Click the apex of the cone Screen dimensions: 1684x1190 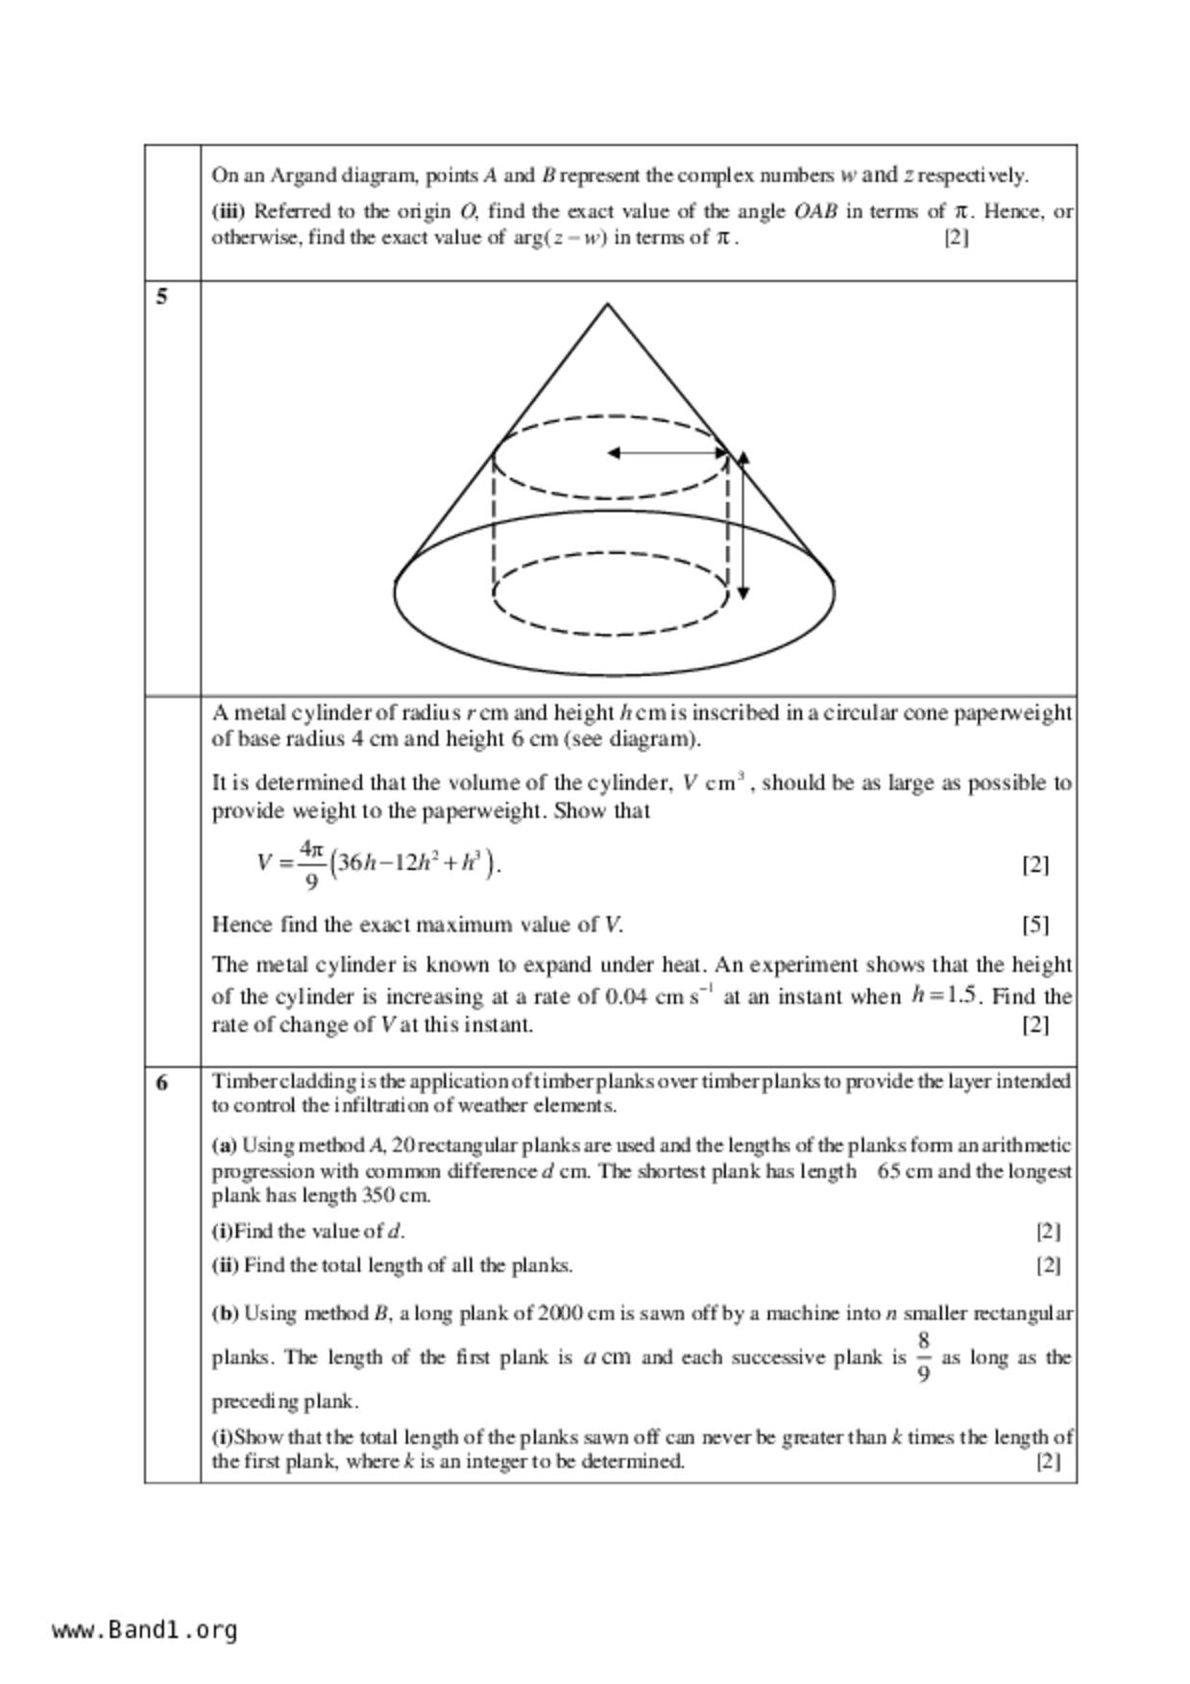click(x=607, y=304)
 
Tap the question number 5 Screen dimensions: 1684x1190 click(x=161, y=297)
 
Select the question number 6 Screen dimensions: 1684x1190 click(x=161, y=1083)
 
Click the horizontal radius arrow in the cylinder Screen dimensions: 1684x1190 click(x=668, y=452)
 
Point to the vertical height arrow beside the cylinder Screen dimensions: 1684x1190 click(x=742, y=525)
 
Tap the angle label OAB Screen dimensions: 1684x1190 click(x=815, y=211)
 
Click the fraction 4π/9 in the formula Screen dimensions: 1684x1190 click(x=309, y=864)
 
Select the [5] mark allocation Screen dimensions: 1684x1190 click(x=1034, y=925)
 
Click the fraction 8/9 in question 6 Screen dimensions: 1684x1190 click(x=923, y=1357)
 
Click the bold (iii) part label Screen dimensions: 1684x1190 click(x=229, y=211)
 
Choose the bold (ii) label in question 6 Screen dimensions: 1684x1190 click(x=225, y=1265)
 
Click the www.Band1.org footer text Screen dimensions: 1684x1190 click(x=145, y=1630)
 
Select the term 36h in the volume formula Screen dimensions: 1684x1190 click(x=354, y=862)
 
